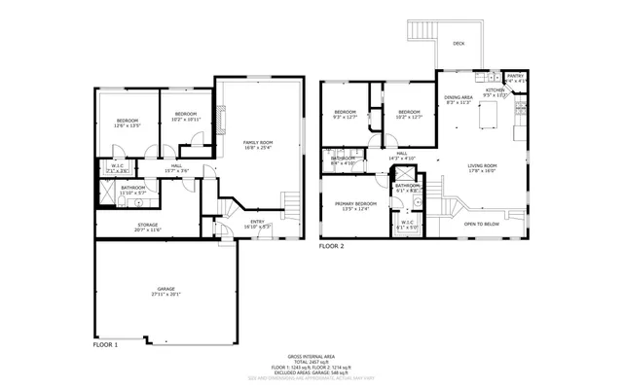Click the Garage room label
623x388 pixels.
coord(165,291)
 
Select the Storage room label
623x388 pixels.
coord(148,227)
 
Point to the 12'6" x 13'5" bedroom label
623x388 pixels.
coord(128,123)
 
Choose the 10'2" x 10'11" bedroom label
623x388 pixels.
coord(184,117)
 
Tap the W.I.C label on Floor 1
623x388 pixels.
coord(116,167)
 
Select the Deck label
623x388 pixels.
coord(458,44)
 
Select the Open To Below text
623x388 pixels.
coord(482,224)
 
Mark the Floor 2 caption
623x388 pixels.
coord(332,246)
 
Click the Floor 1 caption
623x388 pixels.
coord(105,345)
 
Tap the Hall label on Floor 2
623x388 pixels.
coord(401,155)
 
